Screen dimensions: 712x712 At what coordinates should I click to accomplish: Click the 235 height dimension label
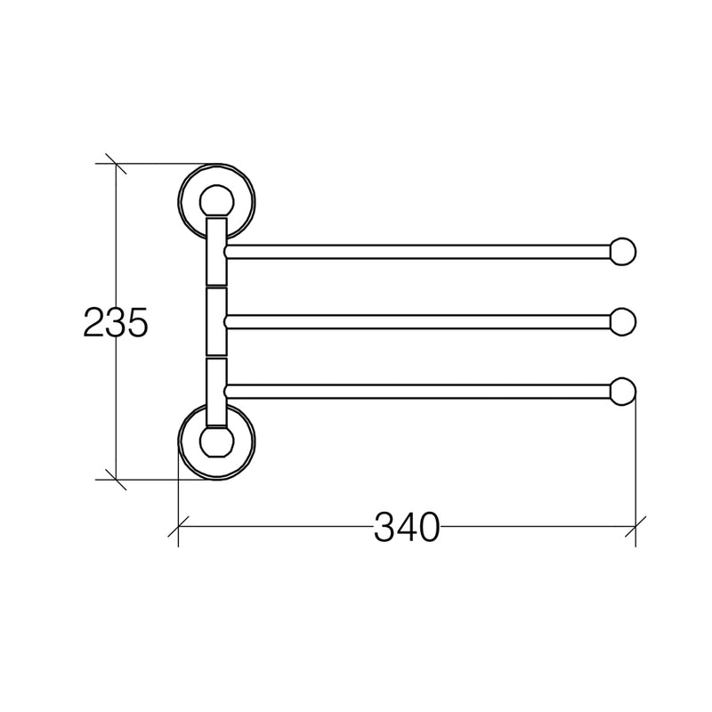tap(116, 322)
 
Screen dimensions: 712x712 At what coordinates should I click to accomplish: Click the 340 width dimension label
tap(407, 527)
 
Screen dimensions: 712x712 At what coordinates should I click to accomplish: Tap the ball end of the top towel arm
tap(622, 252)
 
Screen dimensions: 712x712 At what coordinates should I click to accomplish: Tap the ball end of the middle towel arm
tap(622, 322)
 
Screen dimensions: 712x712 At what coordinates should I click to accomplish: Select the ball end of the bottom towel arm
tap(622, 392)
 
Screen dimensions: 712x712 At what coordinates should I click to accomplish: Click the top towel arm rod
tap(417, 252)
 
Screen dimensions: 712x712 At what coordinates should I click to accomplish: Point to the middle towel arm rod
tap(417, 322)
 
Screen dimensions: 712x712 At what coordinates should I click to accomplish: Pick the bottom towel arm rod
tap(417, 392)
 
